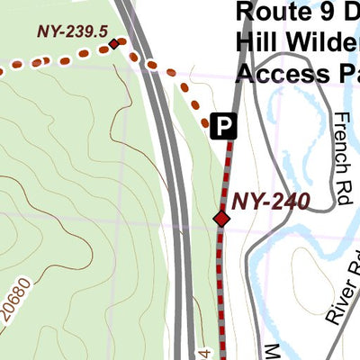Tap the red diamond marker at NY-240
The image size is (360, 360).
(x=221, y=219)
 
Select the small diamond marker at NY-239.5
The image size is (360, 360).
(x=113, y=44)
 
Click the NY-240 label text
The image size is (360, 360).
(x=271, y=201)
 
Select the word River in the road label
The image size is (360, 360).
(x=334, y=304)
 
